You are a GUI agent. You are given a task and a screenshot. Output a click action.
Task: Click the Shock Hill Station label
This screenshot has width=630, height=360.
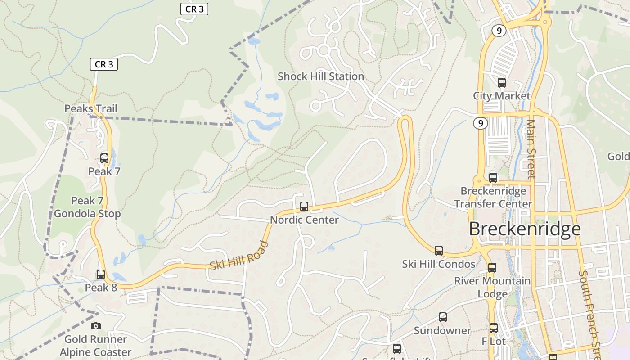click(x=320, y=76)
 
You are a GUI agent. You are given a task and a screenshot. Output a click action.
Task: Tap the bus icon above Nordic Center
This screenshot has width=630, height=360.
click(x=304, y=207)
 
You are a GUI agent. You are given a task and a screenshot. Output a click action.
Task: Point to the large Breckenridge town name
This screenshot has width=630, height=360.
click(x=525, y=229)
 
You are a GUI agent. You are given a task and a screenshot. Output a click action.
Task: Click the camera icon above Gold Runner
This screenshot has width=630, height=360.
click(x=95, y=326)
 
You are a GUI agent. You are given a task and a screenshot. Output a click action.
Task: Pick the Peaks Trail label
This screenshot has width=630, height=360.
click(x=91, y=108)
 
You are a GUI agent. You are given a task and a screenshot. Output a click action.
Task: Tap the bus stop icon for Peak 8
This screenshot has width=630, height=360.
click(x=101, y=274)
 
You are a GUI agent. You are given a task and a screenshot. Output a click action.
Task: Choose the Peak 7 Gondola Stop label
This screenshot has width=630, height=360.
click(x=88, y=207)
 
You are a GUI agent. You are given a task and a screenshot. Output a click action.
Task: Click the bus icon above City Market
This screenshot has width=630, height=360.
click(x=502, y=83)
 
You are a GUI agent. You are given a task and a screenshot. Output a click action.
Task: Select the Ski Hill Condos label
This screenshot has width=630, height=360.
click(x=439, y=264)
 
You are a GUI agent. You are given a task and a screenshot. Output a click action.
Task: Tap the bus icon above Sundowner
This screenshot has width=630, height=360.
click(x=443, y=317)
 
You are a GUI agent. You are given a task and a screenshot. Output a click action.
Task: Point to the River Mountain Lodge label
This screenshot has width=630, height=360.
click(x=492, y=287)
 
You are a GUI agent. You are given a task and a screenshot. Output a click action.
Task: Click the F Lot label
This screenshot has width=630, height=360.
click(x=494, y=342)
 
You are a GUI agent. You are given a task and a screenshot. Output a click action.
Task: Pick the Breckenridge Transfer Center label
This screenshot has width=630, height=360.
click(x=493, y=198)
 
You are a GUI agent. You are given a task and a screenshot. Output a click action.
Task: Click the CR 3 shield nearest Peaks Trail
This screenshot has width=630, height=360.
click(x=104, y=64)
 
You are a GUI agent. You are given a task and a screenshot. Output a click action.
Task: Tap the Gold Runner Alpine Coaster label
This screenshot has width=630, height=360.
click(x=95, y=346)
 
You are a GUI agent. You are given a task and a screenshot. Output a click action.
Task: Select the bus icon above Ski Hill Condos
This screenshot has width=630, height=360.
click(x=439, y=250)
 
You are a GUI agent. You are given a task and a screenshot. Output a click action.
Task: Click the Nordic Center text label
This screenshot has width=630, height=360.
click(x=304, y=220)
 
